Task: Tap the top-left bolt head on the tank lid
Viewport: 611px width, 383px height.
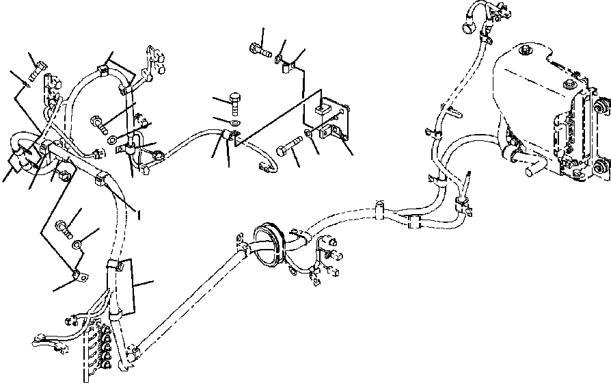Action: pos(524,51)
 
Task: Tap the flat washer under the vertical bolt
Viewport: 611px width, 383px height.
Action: pos(236,122)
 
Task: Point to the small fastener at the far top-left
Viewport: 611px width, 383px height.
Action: pos(38,70)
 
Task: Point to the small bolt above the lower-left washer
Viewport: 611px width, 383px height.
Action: pos(64,225)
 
